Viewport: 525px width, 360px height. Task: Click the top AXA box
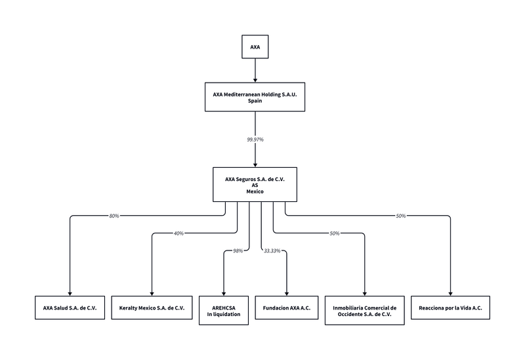click(x=255, y=47)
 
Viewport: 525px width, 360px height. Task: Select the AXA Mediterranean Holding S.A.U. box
click(x=255, y=98)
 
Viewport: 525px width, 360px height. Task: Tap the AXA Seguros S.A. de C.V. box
click(x=255, y=184)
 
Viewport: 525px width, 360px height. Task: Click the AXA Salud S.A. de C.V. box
click(x=70, y=308)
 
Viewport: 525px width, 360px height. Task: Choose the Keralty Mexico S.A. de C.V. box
click(x=152, y=308)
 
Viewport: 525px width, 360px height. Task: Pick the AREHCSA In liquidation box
click(x=224, y=310)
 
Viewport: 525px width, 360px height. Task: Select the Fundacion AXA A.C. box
click(x=287, y=308)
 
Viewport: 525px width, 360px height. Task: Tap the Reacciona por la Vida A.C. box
click(x=450, y=308)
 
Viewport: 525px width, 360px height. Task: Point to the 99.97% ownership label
click(x=255, y=140)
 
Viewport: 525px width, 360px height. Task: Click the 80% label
click(x=114, y=216)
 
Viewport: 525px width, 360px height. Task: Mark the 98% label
click(x=238, y=250)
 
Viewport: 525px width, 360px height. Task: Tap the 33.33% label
click(x=272, y=250)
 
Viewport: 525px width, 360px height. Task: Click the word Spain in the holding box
click(x=255, y=102)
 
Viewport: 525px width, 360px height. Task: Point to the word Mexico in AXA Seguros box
click(x=255, y=191)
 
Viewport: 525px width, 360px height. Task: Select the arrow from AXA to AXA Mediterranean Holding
click(x=255, y=70)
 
